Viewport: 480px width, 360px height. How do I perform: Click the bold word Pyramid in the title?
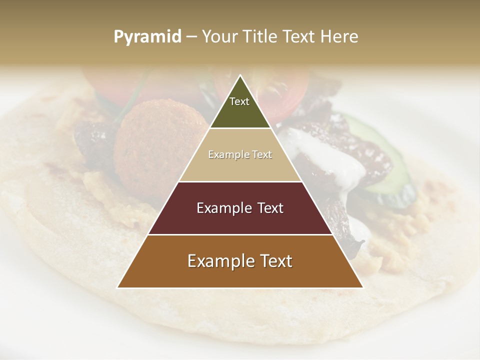(x=147, y=36)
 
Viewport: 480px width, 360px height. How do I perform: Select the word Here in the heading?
(x=339, y=36)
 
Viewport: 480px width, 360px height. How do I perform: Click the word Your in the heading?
(x=221, y=36)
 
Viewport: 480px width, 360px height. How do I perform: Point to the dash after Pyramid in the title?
(x=191, y=37)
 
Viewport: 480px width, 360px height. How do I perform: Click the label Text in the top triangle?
(x=239, y=101)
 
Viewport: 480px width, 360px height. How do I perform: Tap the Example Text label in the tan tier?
(x=240, y=154)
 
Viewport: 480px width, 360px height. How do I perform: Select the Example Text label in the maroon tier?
(x=240, y=208)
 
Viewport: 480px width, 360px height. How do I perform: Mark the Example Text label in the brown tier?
(x=240, y=261)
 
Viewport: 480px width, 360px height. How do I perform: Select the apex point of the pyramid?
(x=240, y=75)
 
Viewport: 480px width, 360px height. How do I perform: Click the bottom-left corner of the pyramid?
(x=118, y=287)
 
